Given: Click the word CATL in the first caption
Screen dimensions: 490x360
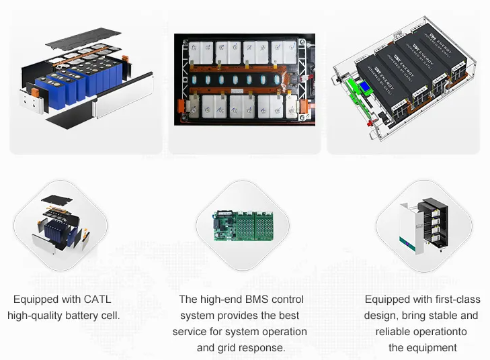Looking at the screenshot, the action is (97, 299).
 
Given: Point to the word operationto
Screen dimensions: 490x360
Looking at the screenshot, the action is (442, 332).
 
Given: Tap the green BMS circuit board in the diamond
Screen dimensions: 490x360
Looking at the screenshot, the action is (243, 226).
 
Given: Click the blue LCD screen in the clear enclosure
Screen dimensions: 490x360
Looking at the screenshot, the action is (365, 87).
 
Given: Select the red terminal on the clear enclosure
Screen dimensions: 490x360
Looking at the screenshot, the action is (370, 123).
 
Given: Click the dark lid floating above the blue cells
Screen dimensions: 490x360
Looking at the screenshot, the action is (83, 38).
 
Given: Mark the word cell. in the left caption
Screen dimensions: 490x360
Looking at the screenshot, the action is (111, 316).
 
